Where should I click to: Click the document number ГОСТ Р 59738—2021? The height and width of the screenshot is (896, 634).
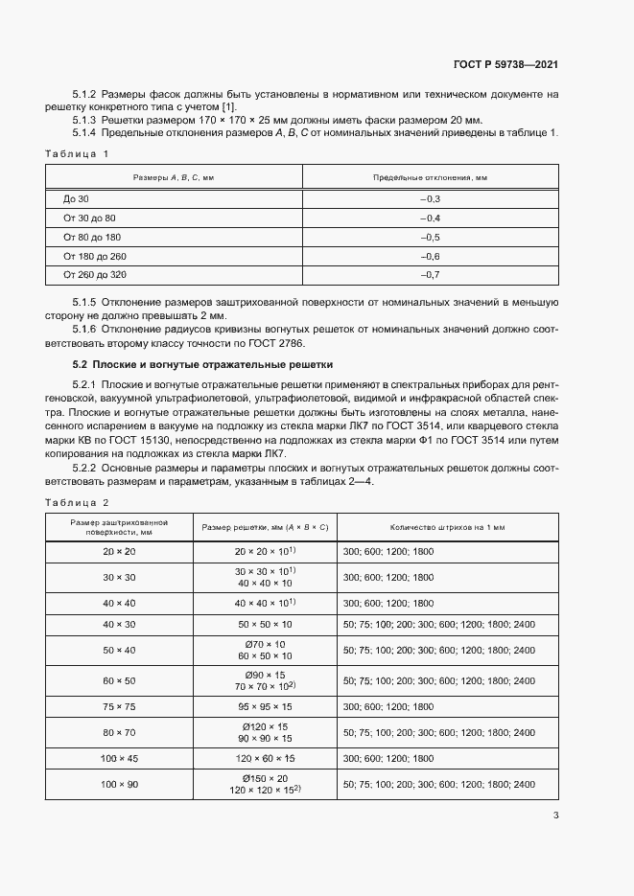coord(505,64)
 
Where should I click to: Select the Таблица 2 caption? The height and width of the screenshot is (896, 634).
coord(78,502)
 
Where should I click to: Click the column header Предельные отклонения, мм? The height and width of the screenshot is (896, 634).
coord(430,177)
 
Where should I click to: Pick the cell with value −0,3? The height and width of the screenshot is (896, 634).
coord(430,198)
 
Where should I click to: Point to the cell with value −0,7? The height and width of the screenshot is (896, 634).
coord(430,276)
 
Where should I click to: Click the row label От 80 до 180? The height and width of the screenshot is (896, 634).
coord(92,237)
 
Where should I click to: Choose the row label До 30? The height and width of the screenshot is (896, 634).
coord(76,198)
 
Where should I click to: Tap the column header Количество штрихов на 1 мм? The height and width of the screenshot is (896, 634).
coord(447,527)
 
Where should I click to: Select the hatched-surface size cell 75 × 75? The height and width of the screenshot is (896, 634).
coord(120,705)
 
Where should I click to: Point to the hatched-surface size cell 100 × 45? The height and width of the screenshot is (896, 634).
coord(120,758)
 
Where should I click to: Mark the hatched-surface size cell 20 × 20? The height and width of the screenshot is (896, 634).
coord(120,552)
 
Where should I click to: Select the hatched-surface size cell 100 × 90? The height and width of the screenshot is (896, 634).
coord(120,785)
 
